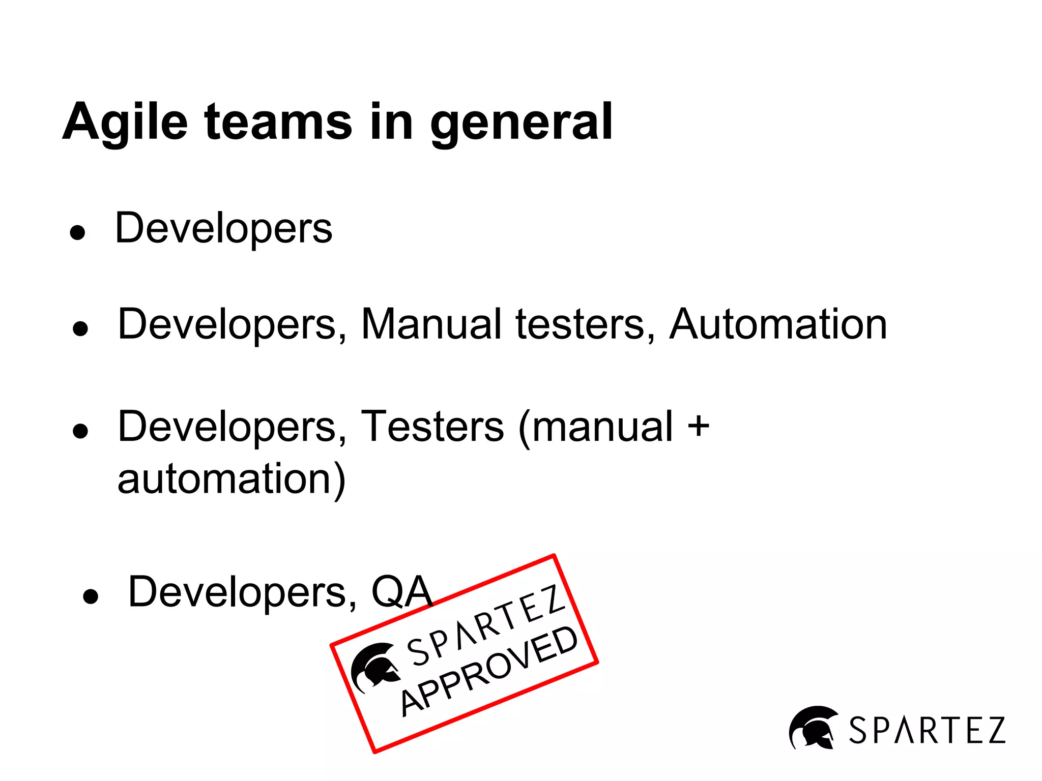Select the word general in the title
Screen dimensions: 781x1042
tap(522, 125)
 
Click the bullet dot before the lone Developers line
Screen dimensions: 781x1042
tap(77, 233)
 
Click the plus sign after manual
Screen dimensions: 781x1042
tap(698, 426)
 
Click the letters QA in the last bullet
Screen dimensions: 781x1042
tap(402, 592)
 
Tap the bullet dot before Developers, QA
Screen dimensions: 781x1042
tap(91, 596)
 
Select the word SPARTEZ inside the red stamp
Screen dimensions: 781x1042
tap(486, 626)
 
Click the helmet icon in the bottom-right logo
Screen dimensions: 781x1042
tap(813, 728)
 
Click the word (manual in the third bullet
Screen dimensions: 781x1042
tap(595, 428)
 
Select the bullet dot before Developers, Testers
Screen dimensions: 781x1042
tap(80, 432)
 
